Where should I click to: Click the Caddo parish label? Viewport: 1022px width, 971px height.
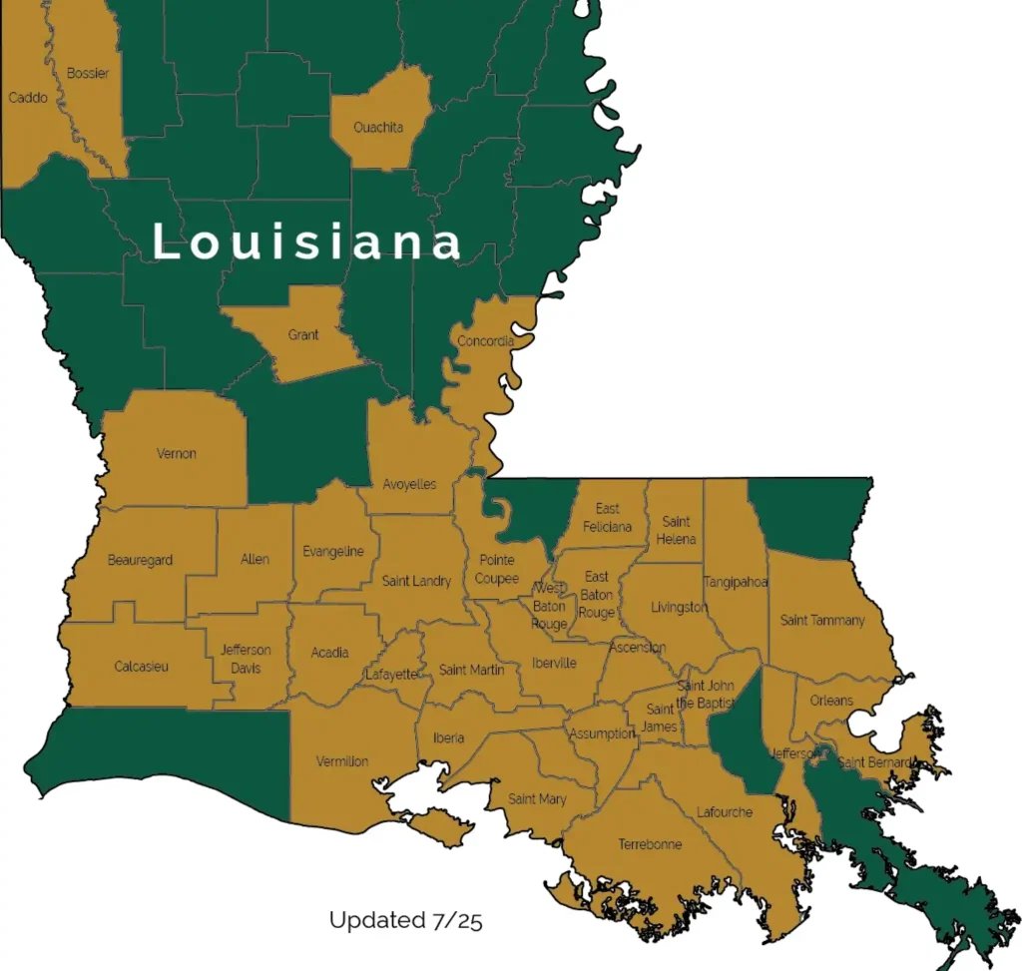click(28, 98)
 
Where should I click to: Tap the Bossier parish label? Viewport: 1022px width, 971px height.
click(88, 74)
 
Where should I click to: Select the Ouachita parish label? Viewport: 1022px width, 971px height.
click(378, 128)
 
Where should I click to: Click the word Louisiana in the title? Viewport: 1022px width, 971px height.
click(308, 243)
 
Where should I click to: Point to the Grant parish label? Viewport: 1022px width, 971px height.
click(303, 335)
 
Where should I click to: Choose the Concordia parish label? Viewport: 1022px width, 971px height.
click(486, 341)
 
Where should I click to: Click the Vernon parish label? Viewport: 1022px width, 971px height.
click(177, 454)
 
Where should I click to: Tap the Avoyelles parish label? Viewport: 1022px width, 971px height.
click(410, 484)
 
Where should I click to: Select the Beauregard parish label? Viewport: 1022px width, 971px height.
click(140, 560)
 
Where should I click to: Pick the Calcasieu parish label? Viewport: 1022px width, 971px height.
click(141, 667)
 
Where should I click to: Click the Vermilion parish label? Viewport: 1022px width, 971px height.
click(342, 761)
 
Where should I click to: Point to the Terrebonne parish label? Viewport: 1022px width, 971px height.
click(650, 844)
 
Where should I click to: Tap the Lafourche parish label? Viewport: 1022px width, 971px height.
click(725, 811)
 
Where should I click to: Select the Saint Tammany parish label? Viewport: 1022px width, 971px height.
click(822, 620)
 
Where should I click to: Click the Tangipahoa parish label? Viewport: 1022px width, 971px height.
click(736, 582)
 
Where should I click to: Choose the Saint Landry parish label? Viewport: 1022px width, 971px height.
click(416, 581)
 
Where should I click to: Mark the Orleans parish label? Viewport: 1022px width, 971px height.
click(831, 700)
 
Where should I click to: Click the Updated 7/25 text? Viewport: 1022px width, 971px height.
click(405, 920)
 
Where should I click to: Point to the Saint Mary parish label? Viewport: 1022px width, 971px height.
click(537, 798)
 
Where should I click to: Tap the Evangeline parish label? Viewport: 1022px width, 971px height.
click(333, 552)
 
